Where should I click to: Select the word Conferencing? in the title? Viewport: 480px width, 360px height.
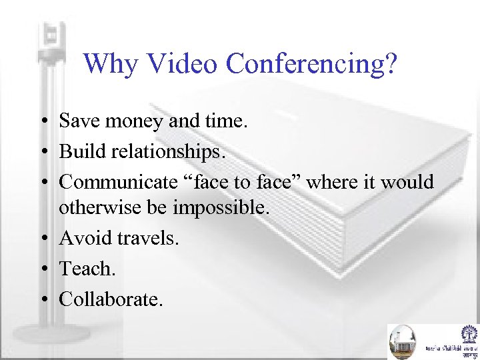tap(311, 64)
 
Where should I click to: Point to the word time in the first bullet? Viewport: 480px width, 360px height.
tap(226, 121)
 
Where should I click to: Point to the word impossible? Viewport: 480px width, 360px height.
tap(221, 208)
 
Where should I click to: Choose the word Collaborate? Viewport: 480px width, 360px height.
tap(111, 299)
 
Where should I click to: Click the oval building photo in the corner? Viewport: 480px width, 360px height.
tap(402, 341)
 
